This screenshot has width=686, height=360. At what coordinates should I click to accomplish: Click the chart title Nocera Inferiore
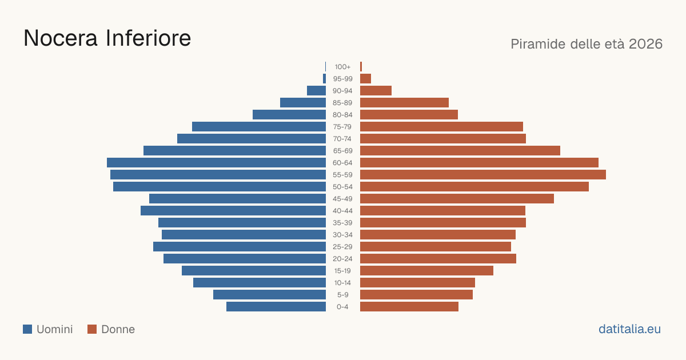click(107, 38)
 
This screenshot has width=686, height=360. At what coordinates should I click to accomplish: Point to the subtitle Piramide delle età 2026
click(587, 44)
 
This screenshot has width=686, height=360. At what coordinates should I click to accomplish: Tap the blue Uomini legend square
click(27, 329)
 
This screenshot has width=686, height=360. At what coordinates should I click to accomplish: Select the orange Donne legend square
click(92, 329)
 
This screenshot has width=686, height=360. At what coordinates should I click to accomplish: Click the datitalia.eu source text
click(629, 329)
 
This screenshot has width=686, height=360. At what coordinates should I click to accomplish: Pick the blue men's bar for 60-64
click(216, 162)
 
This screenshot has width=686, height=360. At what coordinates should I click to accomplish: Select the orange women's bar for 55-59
click(483, 174)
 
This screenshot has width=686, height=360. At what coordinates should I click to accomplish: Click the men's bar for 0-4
click(276, 306)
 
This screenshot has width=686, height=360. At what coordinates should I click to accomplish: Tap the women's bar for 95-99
click(366, 79)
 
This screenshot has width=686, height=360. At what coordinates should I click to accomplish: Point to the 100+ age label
click(342, 67)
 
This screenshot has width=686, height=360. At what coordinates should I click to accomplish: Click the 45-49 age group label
click(342, 199)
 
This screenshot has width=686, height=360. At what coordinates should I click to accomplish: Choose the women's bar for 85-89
click(404, 102)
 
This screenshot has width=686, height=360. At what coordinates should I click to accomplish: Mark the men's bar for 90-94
click(316, 91)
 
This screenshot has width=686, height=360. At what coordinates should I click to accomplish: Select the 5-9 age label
click(342, 295)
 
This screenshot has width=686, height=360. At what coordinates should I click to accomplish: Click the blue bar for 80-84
click(289, 114)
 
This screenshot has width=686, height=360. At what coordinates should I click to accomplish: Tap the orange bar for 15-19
click(426, 271)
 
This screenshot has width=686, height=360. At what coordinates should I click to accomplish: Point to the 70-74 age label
click(342, 139)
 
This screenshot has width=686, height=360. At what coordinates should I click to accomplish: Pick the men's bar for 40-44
click(233, 211)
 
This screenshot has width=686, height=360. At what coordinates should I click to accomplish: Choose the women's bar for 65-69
click(460, 151)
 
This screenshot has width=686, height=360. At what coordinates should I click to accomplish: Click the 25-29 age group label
click(342, 247)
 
